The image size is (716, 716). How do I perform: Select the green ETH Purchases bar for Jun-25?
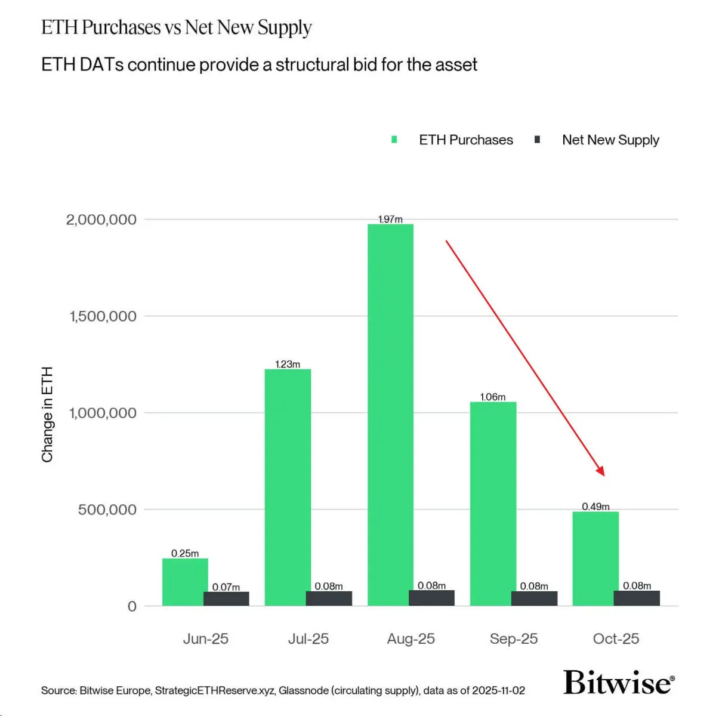[x=185, y=582]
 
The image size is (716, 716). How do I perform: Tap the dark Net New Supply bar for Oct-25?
[x=637, y=598]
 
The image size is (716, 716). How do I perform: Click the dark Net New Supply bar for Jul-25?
[x=329, y=598]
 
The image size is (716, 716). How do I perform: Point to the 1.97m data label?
[x=390, y=220]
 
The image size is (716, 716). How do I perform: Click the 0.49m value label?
[x=595, y=507]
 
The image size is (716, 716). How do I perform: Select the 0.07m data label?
[x=226, y=587]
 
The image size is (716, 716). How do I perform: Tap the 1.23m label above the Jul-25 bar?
[x=288, y=364]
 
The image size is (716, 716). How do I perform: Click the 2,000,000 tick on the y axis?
[x=101, y=220]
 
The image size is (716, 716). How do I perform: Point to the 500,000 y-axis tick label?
[x=107, y=510]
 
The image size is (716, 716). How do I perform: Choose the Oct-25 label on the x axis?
[x=616, y=638]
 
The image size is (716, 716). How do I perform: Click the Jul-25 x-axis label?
[x=308, y=638]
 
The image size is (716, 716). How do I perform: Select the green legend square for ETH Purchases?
[x=394, y=140]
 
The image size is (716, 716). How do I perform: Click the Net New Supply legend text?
[x=610, y=140]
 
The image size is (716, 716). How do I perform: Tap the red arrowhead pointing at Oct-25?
[x=601, y=471]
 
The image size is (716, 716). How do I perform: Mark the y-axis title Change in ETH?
[x=47, y=414]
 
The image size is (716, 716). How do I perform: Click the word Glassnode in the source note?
[x=304, y=690]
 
